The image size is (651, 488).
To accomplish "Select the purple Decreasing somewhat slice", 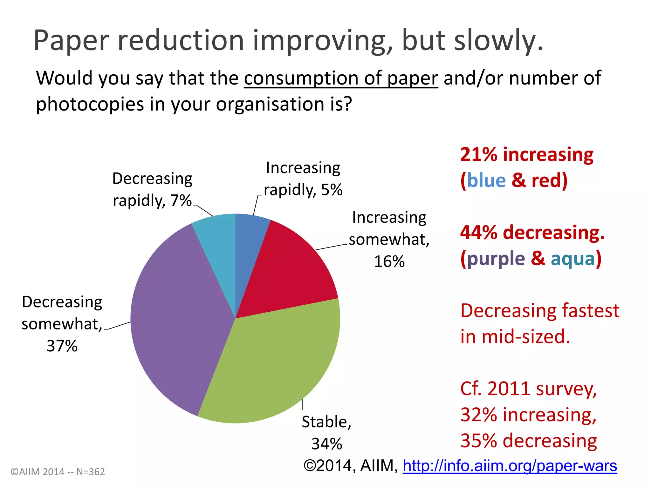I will coord(178,318).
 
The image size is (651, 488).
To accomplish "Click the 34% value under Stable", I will coord(327,444).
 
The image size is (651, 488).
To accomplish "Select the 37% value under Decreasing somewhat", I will coord(62,346).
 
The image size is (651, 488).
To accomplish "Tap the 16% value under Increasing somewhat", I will coord(389,262).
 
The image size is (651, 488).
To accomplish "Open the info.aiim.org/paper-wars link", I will coord(510,466).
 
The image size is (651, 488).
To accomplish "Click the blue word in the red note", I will coord(486,180).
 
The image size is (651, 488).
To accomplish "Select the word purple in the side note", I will coord(496,259).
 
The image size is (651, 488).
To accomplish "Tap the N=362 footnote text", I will coord(91,472).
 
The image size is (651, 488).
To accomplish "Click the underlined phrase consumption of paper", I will coord(341,78).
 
